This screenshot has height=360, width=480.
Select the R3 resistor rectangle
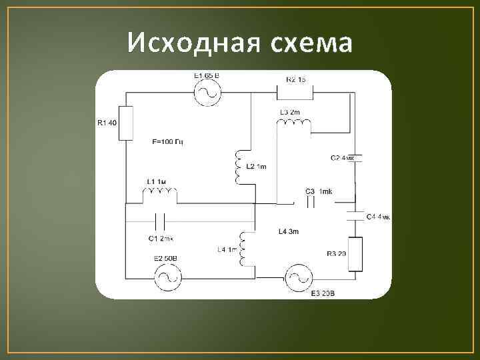point(355,254)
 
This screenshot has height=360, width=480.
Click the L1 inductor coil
point(160,195)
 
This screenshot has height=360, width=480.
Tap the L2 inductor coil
point(238,168)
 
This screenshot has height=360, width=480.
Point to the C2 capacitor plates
point(355,159)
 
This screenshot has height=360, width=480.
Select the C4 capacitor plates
point(355,216)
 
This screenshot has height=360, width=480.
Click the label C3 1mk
point(318,192)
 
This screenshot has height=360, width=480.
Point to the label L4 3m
point(289,232)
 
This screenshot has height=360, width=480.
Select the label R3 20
point(337,254)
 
